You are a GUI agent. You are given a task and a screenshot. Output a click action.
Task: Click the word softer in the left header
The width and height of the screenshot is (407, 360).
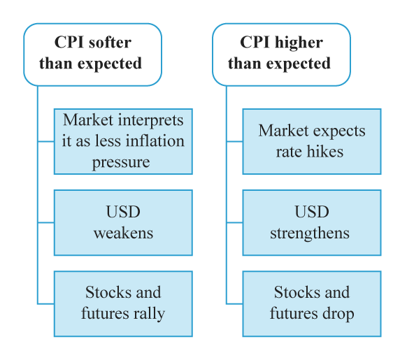point(110,43)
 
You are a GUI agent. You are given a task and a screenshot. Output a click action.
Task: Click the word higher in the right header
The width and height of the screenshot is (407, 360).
point(299,43)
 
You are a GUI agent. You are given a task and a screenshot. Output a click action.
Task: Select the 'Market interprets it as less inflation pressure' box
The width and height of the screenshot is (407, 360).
point(123,141)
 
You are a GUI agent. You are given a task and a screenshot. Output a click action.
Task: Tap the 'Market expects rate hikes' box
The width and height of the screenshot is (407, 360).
point(312,141)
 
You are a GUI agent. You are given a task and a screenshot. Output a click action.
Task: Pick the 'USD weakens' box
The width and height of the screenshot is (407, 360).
point(123,223)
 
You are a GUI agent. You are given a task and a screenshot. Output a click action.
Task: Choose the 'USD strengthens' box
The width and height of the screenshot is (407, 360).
point(312,223)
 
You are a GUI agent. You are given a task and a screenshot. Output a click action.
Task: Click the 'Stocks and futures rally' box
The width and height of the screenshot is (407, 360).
point(123,304)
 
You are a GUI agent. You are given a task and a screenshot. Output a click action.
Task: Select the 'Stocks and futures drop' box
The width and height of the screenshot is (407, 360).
point(312,304)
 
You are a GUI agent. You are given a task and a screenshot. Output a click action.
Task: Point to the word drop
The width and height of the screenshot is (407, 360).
point(338,314)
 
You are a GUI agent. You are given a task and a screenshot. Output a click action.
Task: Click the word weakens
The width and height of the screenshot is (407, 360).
point(124,233)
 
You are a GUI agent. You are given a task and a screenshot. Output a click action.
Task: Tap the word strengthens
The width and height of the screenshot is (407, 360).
point(310,233)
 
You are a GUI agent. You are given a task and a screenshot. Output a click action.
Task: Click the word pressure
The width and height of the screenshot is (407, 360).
point(121,163)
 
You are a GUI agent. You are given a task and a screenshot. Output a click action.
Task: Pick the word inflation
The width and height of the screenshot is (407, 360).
point(155,141)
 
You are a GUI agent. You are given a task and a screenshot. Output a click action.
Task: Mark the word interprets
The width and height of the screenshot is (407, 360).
point(151,120)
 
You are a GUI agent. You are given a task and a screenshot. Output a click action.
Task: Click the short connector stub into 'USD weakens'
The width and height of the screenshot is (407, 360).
point(46,222)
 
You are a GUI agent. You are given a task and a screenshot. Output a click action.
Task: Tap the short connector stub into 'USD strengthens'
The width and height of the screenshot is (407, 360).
point(235,222)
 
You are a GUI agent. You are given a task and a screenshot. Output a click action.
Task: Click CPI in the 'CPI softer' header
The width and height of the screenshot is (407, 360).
point(70,42)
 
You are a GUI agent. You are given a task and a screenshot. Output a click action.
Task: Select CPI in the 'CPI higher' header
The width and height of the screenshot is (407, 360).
point(256,42)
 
